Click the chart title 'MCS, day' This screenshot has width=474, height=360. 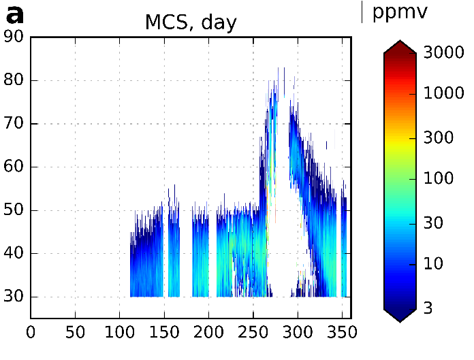(190, 22)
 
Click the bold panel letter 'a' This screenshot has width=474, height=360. (14, 15)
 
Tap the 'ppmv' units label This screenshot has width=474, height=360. (399, 12)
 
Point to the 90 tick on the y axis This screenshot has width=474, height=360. (14, 37)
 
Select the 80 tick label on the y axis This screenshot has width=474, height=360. (14, 80)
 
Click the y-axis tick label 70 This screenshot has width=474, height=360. (14, 124)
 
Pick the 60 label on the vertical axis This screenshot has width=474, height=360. (14, 167)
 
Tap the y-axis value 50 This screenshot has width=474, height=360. (14, 210)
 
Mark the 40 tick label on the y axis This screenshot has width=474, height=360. (14, 254)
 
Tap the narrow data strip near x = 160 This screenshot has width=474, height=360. (174, 252)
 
